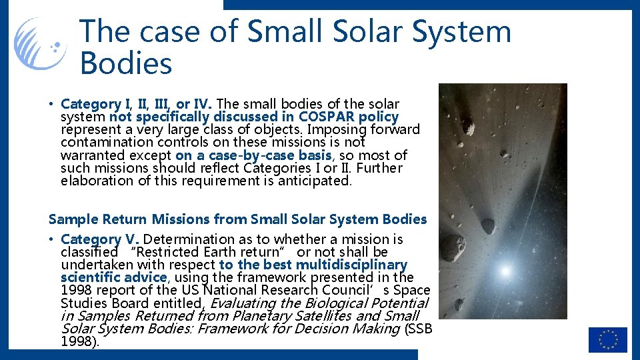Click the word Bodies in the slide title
pyautogui.click(x=126, y=63)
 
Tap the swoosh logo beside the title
pyautogui.click(x=41, y=45)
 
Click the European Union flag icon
pyautogui.click(x=607, y=339)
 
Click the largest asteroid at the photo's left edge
pyautogui.click(x=453, y=247)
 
